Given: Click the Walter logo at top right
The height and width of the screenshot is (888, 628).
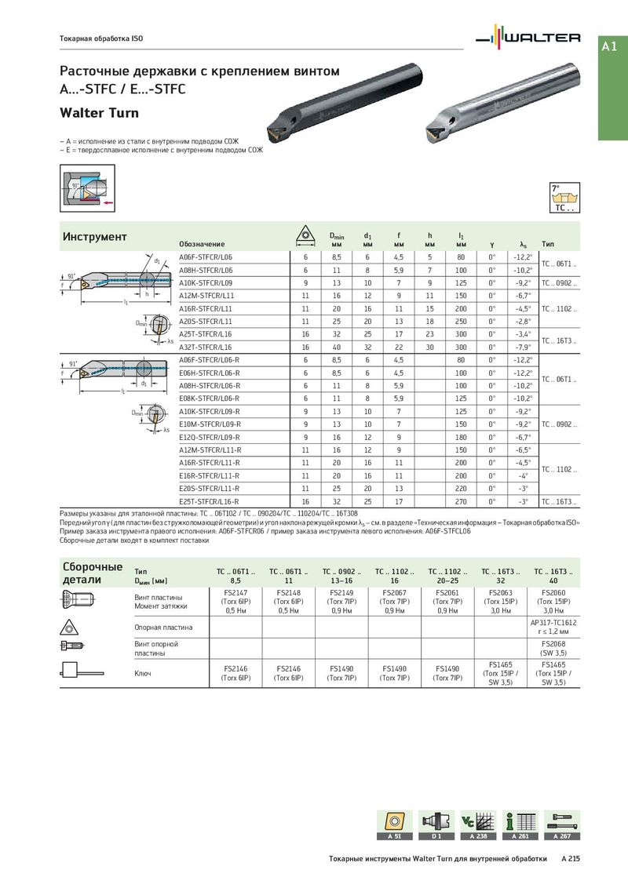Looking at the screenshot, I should point(531,37).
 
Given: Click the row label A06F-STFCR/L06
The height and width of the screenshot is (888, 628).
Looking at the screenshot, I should point(206,257).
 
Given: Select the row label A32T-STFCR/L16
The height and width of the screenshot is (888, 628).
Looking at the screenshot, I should point(206,347).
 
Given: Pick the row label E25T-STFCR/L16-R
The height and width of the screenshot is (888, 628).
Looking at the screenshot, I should point(209,500).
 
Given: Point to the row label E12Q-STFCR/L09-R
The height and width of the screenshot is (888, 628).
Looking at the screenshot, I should point(210,436).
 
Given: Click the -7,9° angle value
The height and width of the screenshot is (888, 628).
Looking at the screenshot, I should point(521,347).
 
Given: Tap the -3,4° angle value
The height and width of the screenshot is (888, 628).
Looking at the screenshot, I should point(521,334).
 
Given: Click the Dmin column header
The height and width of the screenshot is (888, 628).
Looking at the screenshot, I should point(336,238).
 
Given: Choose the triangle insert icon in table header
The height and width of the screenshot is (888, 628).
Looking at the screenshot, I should point(305,236).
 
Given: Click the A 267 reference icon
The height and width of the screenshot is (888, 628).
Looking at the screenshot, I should point(562,824).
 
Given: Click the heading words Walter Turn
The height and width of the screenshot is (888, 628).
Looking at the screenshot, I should point(100,113).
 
